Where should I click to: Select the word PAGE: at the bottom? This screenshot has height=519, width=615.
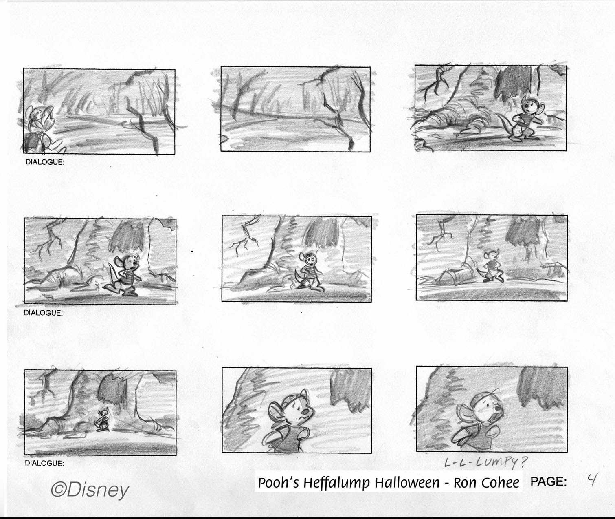[548, 482]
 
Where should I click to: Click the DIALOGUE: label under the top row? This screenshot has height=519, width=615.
[45, 162]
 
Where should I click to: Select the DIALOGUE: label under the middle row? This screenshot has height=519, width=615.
[43, 313]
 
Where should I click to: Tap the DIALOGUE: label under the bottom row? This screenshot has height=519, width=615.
[44, 463]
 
